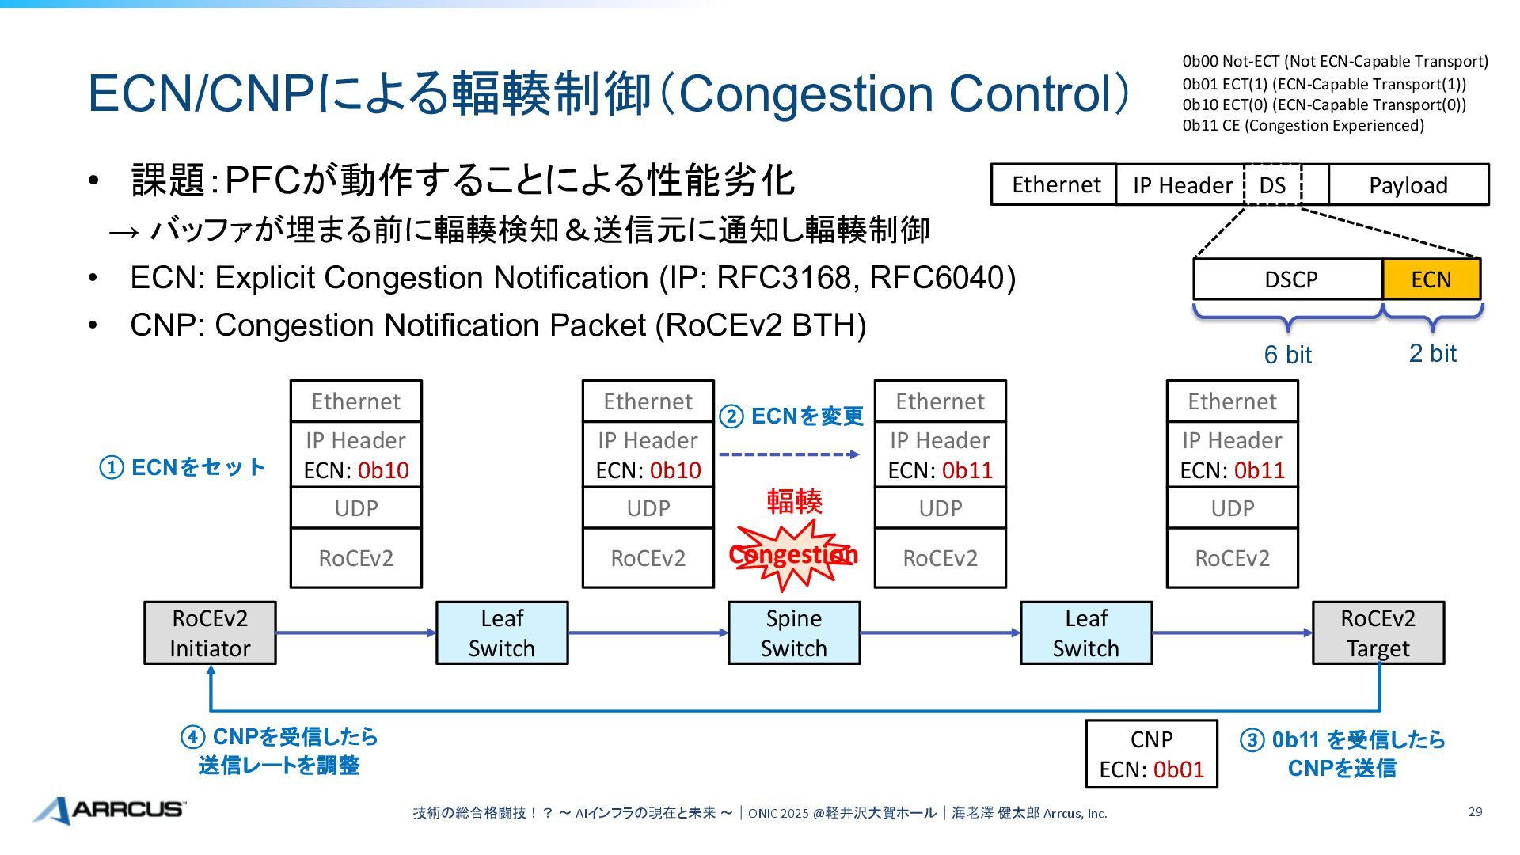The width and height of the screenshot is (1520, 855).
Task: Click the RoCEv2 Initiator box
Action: [x=210, y=633]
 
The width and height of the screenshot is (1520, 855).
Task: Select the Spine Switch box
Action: [x=793, y=633]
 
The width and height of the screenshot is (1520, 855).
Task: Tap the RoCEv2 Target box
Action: [x=1377, y=633]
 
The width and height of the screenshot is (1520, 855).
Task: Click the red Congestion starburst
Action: [x=792, y=555]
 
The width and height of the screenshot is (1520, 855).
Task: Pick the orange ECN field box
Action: [x=1431, y=279]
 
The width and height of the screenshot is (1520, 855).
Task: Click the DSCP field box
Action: [x=1288, y=279]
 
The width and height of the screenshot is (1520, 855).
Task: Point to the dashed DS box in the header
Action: [x=1272, y=185]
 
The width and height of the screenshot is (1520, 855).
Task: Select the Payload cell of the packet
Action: [x=1408, y=185]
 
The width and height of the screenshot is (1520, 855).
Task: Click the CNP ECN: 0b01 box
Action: [x=1151, y=754]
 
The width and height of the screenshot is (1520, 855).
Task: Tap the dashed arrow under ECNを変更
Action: [x=788, y=454]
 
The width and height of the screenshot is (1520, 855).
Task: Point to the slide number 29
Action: [x=1475, y=811]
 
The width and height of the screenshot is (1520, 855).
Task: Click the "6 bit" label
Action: [x=1287, y=355]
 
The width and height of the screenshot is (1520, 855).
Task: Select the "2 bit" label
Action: [x=1432, y=353]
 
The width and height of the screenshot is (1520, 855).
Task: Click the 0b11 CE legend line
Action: [x=1303, y=125]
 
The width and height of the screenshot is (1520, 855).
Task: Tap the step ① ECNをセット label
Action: [x=182, y=467]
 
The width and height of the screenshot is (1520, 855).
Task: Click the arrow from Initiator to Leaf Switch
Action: [x=355, y=633]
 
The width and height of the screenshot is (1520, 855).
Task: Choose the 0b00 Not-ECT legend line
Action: [x=1335, y=62]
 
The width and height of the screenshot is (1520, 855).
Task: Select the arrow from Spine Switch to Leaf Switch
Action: [x=940, y=633]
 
